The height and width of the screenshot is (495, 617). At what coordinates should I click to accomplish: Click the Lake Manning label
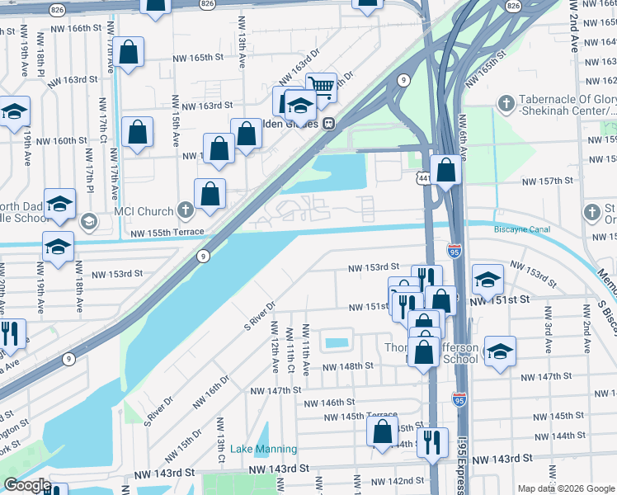click(x=263, y=450)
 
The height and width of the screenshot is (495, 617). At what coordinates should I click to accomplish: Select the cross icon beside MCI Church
click(x=186, y=211)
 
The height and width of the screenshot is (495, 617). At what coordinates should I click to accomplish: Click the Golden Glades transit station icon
click(x=328, y=123)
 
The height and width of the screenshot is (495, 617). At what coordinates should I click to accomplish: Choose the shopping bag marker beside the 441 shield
click(x=445, y=172)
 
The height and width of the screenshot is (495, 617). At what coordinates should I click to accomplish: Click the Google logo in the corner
click(x=26, y=485)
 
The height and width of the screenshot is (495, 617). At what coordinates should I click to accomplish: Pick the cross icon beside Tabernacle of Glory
click(x=506, y=104)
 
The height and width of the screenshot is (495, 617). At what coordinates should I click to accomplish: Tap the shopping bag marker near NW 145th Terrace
click(x=382, y=431)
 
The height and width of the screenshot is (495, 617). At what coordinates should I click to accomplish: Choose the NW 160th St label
click(x=54, y=141)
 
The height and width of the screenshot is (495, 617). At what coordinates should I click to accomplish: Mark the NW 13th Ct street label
click(x=221, y=439)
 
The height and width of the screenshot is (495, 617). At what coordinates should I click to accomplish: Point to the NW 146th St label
click(x=327, y=403)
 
